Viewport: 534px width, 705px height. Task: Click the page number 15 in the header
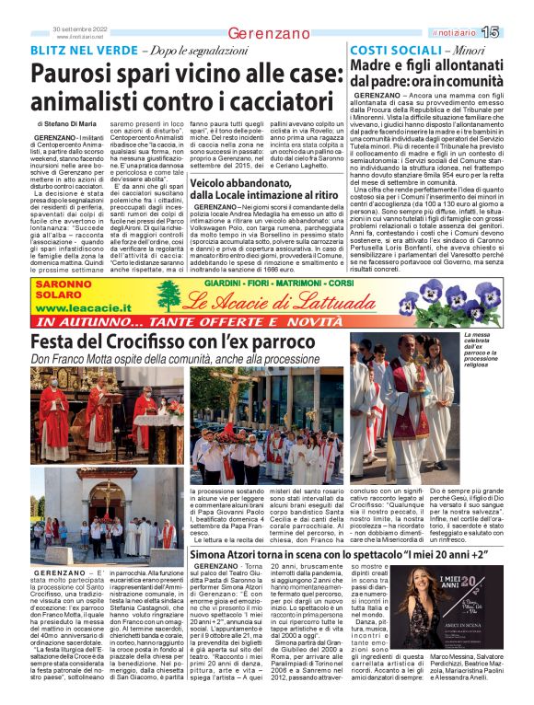[x=514, y=31]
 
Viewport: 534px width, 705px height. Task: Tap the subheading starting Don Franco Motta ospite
[x=175, y=335]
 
